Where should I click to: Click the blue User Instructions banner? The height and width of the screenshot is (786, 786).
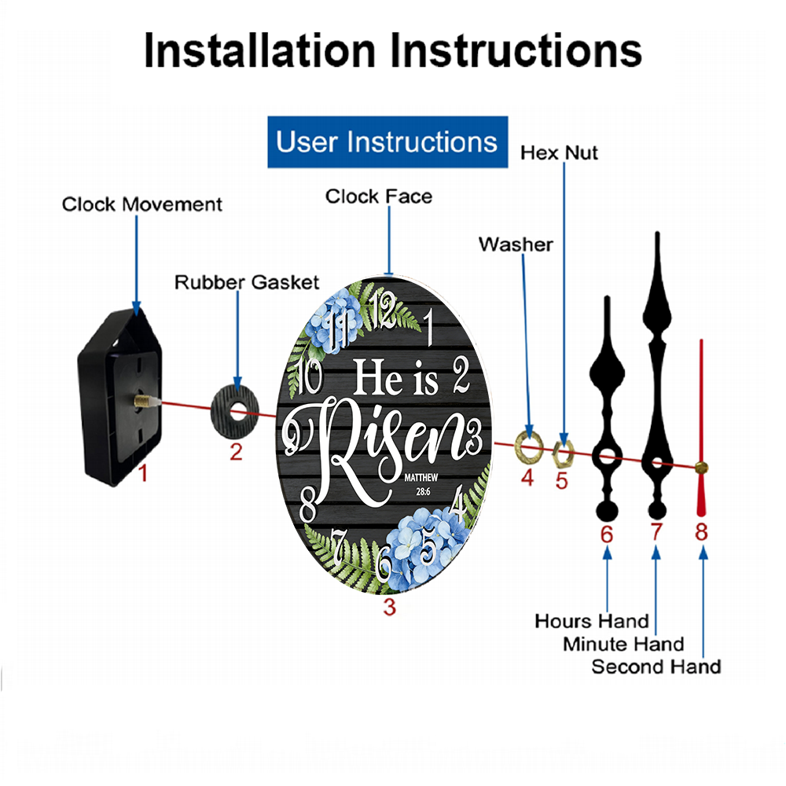(x=387, y=141)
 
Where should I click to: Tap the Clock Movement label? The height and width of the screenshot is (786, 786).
(x=141, y=204)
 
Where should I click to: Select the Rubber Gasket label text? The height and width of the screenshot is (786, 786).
(x=247, y=282)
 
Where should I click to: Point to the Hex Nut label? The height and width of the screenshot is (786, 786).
(x=559, y=153)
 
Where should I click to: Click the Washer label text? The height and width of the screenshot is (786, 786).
(x=516, y=244)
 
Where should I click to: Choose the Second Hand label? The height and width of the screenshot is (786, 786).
(x=656, y=667)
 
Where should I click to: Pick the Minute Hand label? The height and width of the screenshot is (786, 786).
(x=623, y=645)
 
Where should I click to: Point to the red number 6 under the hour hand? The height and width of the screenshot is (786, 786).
(x=607, y=534)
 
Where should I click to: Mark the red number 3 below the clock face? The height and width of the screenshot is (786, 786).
(x=390, y=608)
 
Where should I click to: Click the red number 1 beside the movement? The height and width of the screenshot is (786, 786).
(x=143, y=473)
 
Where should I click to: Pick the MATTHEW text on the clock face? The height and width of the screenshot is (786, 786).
(x=421, y=478)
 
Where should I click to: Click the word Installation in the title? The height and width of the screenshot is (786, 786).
(x=259, y=50)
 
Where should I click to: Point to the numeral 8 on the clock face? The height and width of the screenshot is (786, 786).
(x=308, y=505)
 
